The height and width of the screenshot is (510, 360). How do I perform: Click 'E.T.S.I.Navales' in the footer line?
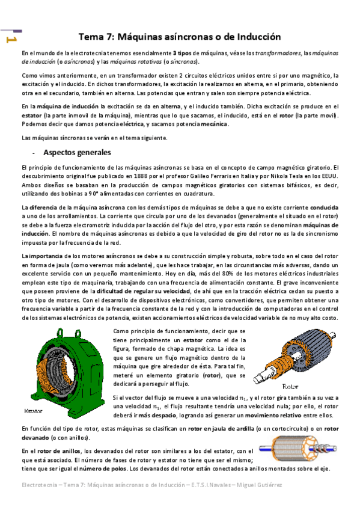pos(206,484)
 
